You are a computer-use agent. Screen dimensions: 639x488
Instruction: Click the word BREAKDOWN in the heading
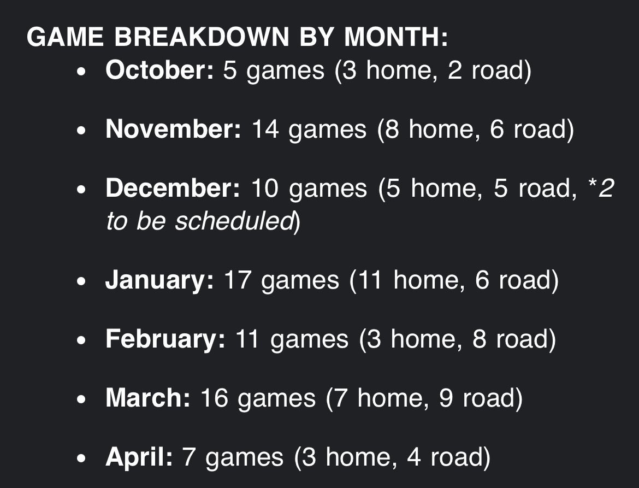[202, 37]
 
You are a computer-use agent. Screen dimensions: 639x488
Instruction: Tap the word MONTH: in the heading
[396, 37]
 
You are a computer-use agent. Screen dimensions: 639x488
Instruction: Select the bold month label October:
[159, 70]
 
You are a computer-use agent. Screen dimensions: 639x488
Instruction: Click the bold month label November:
[173, 129]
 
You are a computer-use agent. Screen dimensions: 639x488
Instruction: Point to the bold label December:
[173, 188]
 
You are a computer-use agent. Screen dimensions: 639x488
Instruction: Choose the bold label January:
[159, 280]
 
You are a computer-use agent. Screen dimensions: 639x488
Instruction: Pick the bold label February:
[165, 339]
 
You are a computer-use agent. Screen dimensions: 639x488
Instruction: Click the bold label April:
[139, 457]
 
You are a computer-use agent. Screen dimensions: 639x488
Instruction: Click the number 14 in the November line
[265, 129]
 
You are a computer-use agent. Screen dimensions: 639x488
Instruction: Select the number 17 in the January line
[238, 280]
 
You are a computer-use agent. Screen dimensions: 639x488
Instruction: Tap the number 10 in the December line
[265, 188]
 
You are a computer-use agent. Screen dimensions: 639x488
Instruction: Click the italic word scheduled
[234, 221]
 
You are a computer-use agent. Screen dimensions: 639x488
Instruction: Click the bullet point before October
[81, 72]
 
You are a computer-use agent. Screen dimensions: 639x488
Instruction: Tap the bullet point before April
[81, 458]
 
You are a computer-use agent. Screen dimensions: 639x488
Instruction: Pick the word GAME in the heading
[65, 37]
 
